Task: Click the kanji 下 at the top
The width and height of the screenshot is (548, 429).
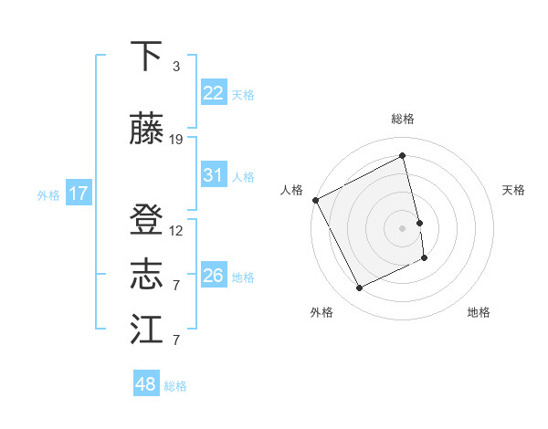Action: (x=146, y=57)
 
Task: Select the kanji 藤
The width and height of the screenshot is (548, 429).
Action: (x=146, y=130)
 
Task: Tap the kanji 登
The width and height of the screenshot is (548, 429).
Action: (x=146, y=221)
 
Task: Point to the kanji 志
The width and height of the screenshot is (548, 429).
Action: (x=146, y=276)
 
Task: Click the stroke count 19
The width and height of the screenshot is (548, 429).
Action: (x=176, y=140)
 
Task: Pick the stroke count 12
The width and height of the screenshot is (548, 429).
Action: (x=176, y=231)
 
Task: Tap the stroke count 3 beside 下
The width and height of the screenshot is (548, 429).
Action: (x=176, y=67)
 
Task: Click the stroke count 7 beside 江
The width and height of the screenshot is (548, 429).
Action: (x=176, y=340)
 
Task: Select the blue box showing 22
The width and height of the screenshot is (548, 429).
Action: (x=213, y=93)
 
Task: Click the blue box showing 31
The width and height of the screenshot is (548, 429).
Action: (x=213, y=175)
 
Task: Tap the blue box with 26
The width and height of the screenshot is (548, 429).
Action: (x=213, y=276)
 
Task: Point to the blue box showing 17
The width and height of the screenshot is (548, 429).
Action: (x=79, y=194)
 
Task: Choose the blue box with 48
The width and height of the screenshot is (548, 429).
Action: (x=145, y=384)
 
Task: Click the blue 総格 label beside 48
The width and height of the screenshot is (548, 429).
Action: (x=175, y=386)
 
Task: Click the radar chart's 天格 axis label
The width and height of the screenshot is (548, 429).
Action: (x=514, y=190)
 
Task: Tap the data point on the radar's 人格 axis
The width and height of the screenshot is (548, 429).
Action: (x=315, y=200)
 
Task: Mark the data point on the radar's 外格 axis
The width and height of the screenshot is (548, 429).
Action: (x=359, y=288)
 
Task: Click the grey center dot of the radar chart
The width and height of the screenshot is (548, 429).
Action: (x=403, y=227)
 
